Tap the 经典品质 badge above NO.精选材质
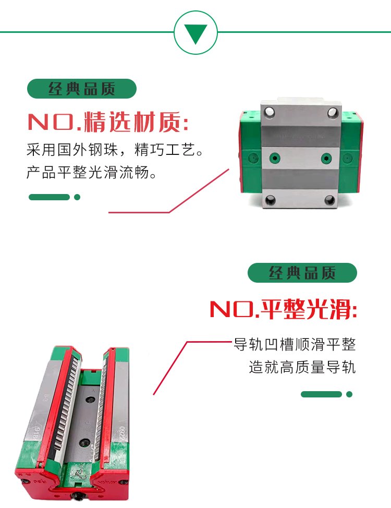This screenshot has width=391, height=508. pos(82,89)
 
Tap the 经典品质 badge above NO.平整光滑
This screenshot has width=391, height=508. pos(302,273)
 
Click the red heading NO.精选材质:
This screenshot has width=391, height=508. pos(108,122)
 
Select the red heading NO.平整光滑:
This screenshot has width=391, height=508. pos(284,309)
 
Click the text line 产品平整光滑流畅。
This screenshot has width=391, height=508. pos(92,172)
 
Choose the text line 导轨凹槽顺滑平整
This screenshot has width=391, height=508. pos(295,344)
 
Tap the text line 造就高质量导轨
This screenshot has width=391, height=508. pos(302,367)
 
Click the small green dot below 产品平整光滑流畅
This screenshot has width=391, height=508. pos(77,197)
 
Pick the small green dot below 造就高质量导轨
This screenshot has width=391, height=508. pos(349,394)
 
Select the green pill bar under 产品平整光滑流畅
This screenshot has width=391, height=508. pos(49,197)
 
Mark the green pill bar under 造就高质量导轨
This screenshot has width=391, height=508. pos(321,394)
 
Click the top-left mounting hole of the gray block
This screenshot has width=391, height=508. pos(270,112)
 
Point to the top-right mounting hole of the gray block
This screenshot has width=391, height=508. pos(333,112)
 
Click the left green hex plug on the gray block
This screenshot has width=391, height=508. pos(275,159)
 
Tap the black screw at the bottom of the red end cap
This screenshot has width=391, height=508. pos(78,495)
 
